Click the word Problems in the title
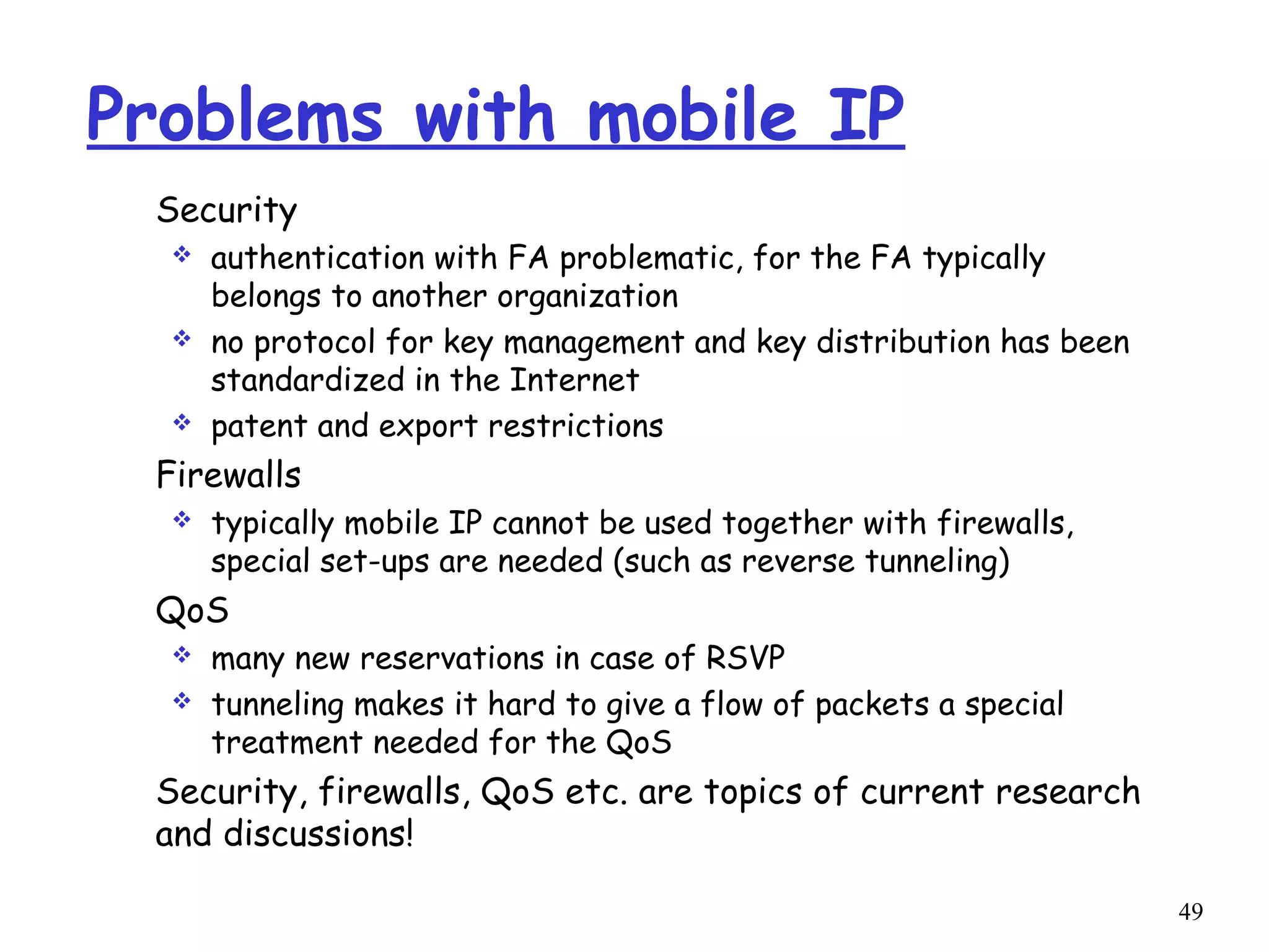[235, 115]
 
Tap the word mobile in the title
[692, 115]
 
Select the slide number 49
[1190, 911]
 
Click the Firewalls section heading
[229, 475]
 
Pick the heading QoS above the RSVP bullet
[192, 610]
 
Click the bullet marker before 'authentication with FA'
[182, 255]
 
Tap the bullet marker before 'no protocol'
[182, 339]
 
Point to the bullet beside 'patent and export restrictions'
[182, 423]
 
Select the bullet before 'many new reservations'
[182, 654]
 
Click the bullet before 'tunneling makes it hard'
[182, 702]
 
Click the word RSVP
[745, 658]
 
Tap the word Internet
[574, 380]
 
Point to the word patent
[259, 427]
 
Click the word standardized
[308, 380]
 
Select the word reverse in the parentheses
[798, 562]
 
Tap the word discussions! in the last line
[318, 834]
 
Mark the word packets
[872, 705]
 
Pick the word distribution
[903, 342]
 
